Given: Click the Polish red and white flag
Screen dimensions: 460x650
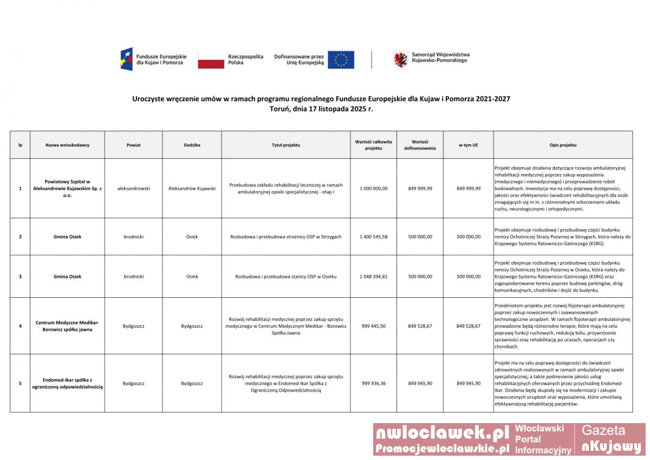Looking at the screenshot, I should click(x=211, y=60).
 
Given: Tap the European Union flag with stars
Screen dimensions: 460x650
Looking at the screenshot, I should click(x=341, y=60).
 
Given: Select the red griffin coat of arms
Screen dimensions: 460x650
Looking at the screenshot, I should click(x=400, y=59).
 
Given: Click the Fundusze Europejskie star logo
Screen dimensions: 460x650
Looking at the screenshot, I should click(x=126, y=59).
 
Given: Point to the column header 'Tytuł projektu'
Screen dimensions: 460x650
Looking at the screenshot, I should click(x=285, y=145).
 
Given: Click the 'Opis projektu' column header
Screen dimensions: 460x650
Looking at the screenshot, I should click(x=563, y=145).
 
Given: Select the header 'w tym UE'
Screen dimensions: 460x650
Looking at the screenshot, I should click(x=468, y=145).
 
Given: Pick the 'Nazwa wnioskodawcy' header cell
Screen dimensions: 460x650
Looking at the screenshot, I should click(x=67, y=145).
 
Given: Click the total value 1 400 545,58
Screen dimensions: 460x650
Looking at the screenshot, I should click(x=373, y=237).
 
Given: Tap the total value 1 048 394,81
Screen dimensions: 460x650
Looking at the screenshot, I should click(x=373, y=276).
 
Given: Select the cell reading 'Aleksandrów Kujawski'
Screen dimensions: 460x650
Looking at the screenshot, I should click(x=192, y=188).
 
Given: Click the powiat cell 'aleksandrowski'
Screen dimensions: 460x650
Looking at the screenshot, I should click(x=133, y=188).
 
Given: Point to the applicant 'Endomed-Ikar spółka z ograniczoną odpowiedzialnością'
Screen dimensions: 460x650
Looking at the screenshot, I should click(x=67, y=383).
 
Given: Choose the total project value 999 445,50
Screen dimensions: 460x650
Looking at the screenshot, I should click(x=373, y=325).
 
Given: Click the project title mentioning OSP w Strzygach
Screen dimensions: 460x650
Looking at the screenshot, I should click(x=285, y=237).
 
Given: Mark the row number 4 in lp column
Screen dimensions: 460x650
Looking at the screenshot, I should click(x=20, y=325).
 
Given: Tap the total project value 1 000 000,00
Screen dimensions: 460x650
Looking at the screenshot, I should click(x=373, y=188).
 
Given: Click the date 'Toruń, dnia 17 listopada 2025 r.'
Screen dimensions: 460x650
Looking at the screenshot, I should click(x=321, y=108).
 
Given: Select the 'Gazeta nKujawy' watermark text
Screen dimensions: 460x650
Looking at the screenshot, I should click(x=610, y=439).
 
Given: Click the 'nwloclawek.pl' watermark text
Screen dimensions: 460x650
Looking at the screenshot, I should click(x=442, y=432).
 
